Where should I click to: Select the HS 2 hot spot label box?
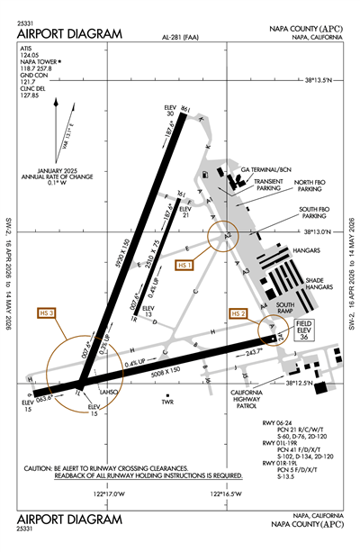click(x=238, y=313)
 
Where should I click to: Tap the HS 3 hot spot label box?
click(x=47, y=312)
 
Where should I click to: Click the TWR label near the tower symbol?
click(x=166, y=401)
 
